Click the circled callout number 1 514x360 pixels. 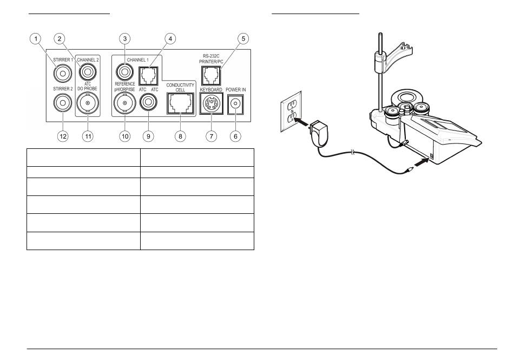click(36, 38)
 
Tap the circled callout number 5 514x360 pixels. click(243, 38)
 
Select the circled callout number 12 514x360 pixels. click(63, 136)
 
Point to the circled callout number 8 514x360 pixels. click(180, 136)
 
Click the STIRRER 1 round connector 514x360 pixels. click(63, 74)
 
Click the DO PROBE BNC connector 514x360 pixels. click(88, 103)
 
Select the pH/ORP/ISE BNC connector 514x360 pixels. click(125, 103)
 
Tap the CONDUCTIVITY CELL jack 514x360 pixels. click(180, 103)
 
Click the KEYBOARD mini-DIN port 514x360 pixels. click(212, 103)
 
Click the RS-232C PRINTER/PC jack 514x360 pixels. click(211, 76)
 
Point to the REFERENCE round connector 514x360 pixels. click(124, 72)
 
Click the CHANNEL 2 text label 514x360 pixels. click(88, 60)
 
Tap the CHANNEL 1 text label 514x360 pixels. click(137, 60)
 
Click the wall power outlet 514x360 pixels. click(291, 112)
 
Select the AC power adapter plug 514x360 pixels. click(319, 133)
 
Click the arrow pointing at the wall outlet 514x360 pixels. click(302, 122)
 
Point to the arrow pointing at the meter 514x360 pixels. click(421, 162)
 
